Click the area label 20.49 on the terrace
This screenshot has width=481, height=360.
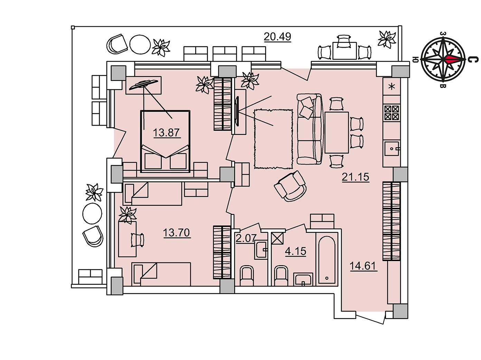pyautogui.click(x=277, y=37)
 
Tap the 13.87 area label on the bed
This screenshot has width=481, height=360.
pyautogui.click(x=167, y=133)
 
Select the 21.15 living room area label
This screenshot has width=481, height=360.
pyautogui.click(x=356, y=177)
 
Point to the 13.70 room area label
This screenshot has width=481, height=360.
pyautogui.click(x=177, y=232)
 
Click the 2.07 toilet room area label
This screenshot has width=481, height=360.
pyautogui.click(x=246, y=238)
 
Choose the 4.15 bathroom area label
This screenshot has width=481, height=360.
pyautogui.click(x=295, y=251)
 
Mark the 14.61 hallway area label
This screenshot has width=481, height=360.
pyautogui.click(x=363, y=266)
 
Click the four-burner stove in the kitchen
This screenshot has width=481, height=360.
pyautogui.click(x=392, y=113)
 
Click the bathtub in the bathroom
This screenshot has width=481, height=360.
pyautogui.click(x=327, y=260)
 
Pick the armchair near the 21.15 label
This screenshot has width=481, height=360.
pyautogui.click(x=290, y=186)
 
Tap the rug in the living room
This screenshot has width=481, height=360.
pyautogui.click(x=273, y=139)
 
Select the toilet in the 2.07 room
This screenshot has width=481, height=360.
pyautogui.click(x=247, y=276)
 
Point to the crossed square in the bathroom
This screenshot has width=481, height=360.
pyautogui.click(x=277, y=238)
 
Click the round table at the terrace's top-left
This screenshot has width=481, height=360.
pyautogui.click(x=140, y=45)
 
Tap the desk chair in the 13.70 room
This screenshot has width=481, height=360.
pyautogui.click(x=138, y=240)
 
